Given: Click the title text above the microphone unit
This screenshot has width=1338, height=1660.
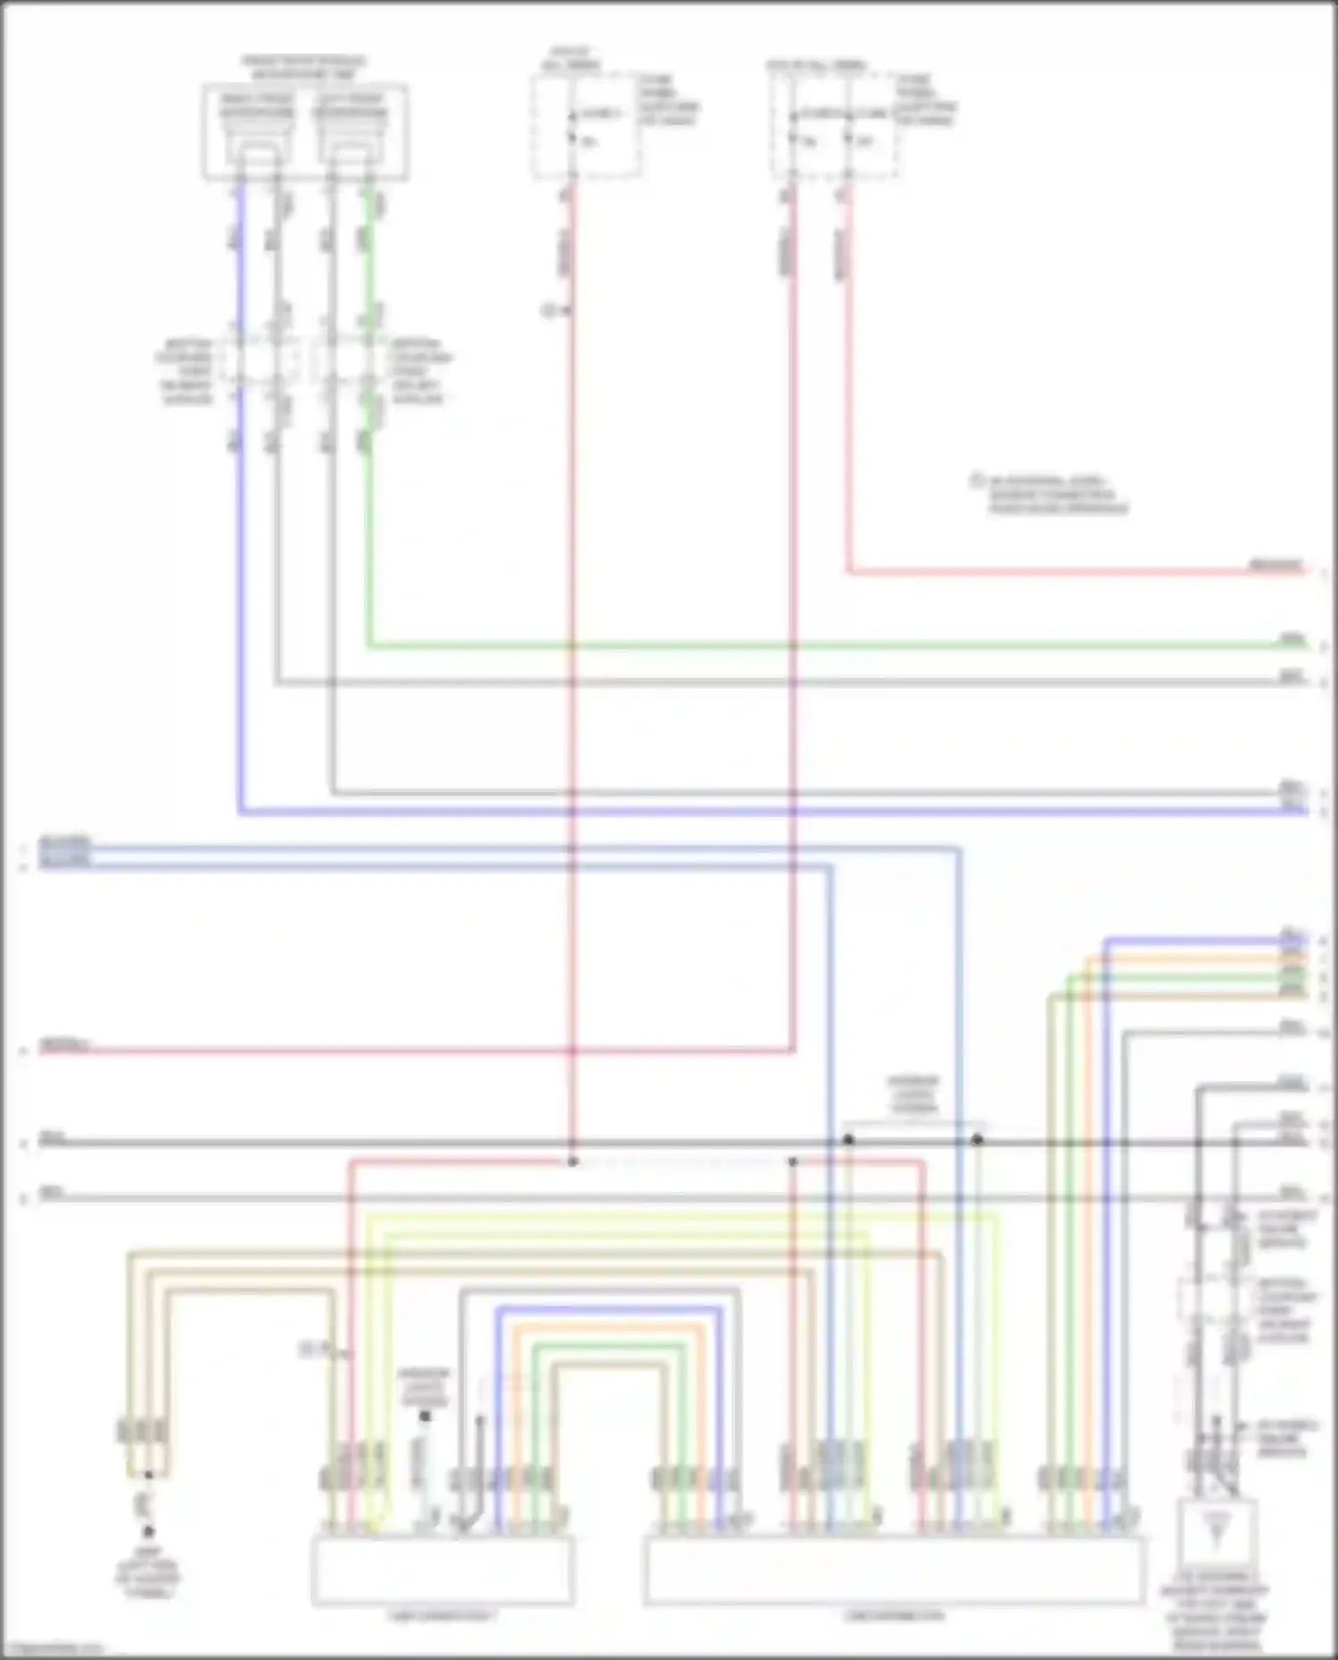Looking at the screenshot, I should point(304,67).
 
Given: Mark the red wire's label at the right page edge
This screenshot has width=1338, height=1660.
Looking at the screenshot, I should point(1276,565).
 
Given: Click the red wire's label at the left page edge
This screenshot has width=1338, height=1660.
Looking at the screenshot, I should point(65,1045).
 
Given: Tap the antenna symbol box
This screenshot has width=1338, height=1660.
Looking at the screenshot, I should point(1218,1533).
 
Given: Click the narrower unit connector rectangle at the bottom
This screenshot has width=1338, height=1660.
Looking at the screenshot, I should point(442,1571).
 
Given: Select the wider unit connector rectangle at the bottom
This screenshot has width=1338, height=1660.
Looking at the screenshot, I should point(895,1571).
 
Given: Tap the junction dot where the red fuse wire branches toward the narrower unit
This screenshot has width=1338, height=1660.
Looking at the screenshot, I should point(573,1161).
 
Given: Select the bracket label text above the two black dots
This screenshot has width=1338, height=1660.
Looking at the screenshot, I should point(913,1095).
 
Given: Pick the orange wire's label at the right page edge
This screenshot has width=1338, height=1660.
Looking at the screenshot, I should point(1292,958).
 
